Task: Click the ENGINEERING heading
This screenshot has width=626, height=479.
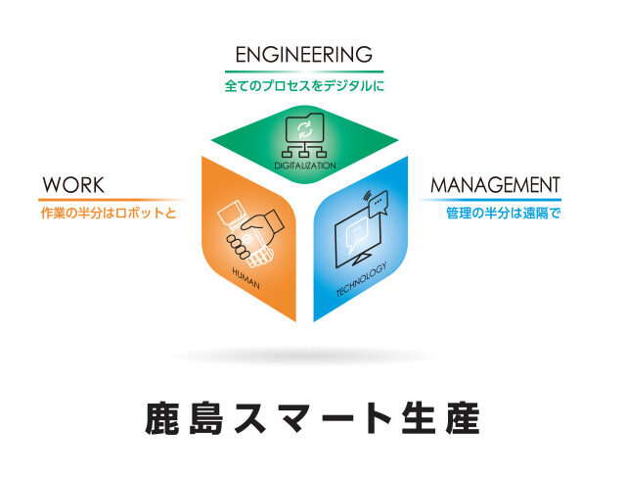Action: [x=304, y=53]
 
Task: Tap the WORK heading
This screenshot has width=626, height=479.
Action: [x=73, y=185]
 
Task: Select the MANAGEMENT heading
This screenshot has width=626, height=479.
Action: [x=496, y=185]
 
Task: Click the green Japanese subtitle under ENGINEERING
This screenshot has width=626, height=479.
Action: [x=304, y=86]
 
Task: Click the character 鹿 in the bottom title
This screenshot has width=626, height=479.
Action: [x=165, y=416]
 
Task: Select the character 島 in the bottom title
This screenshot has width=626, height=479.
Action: [x=212, y=416]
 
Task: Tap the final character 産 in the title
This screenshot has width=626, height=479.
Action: [x=461, y=416]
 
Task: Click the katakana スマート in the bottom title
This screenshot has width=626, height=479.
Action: [x=313, y=416]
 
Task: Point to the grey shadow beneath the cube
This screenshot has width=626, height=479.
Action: [x=305, y=355]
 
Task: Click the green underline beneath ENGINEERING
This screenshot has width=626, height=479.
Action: [x=304, y=72]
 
